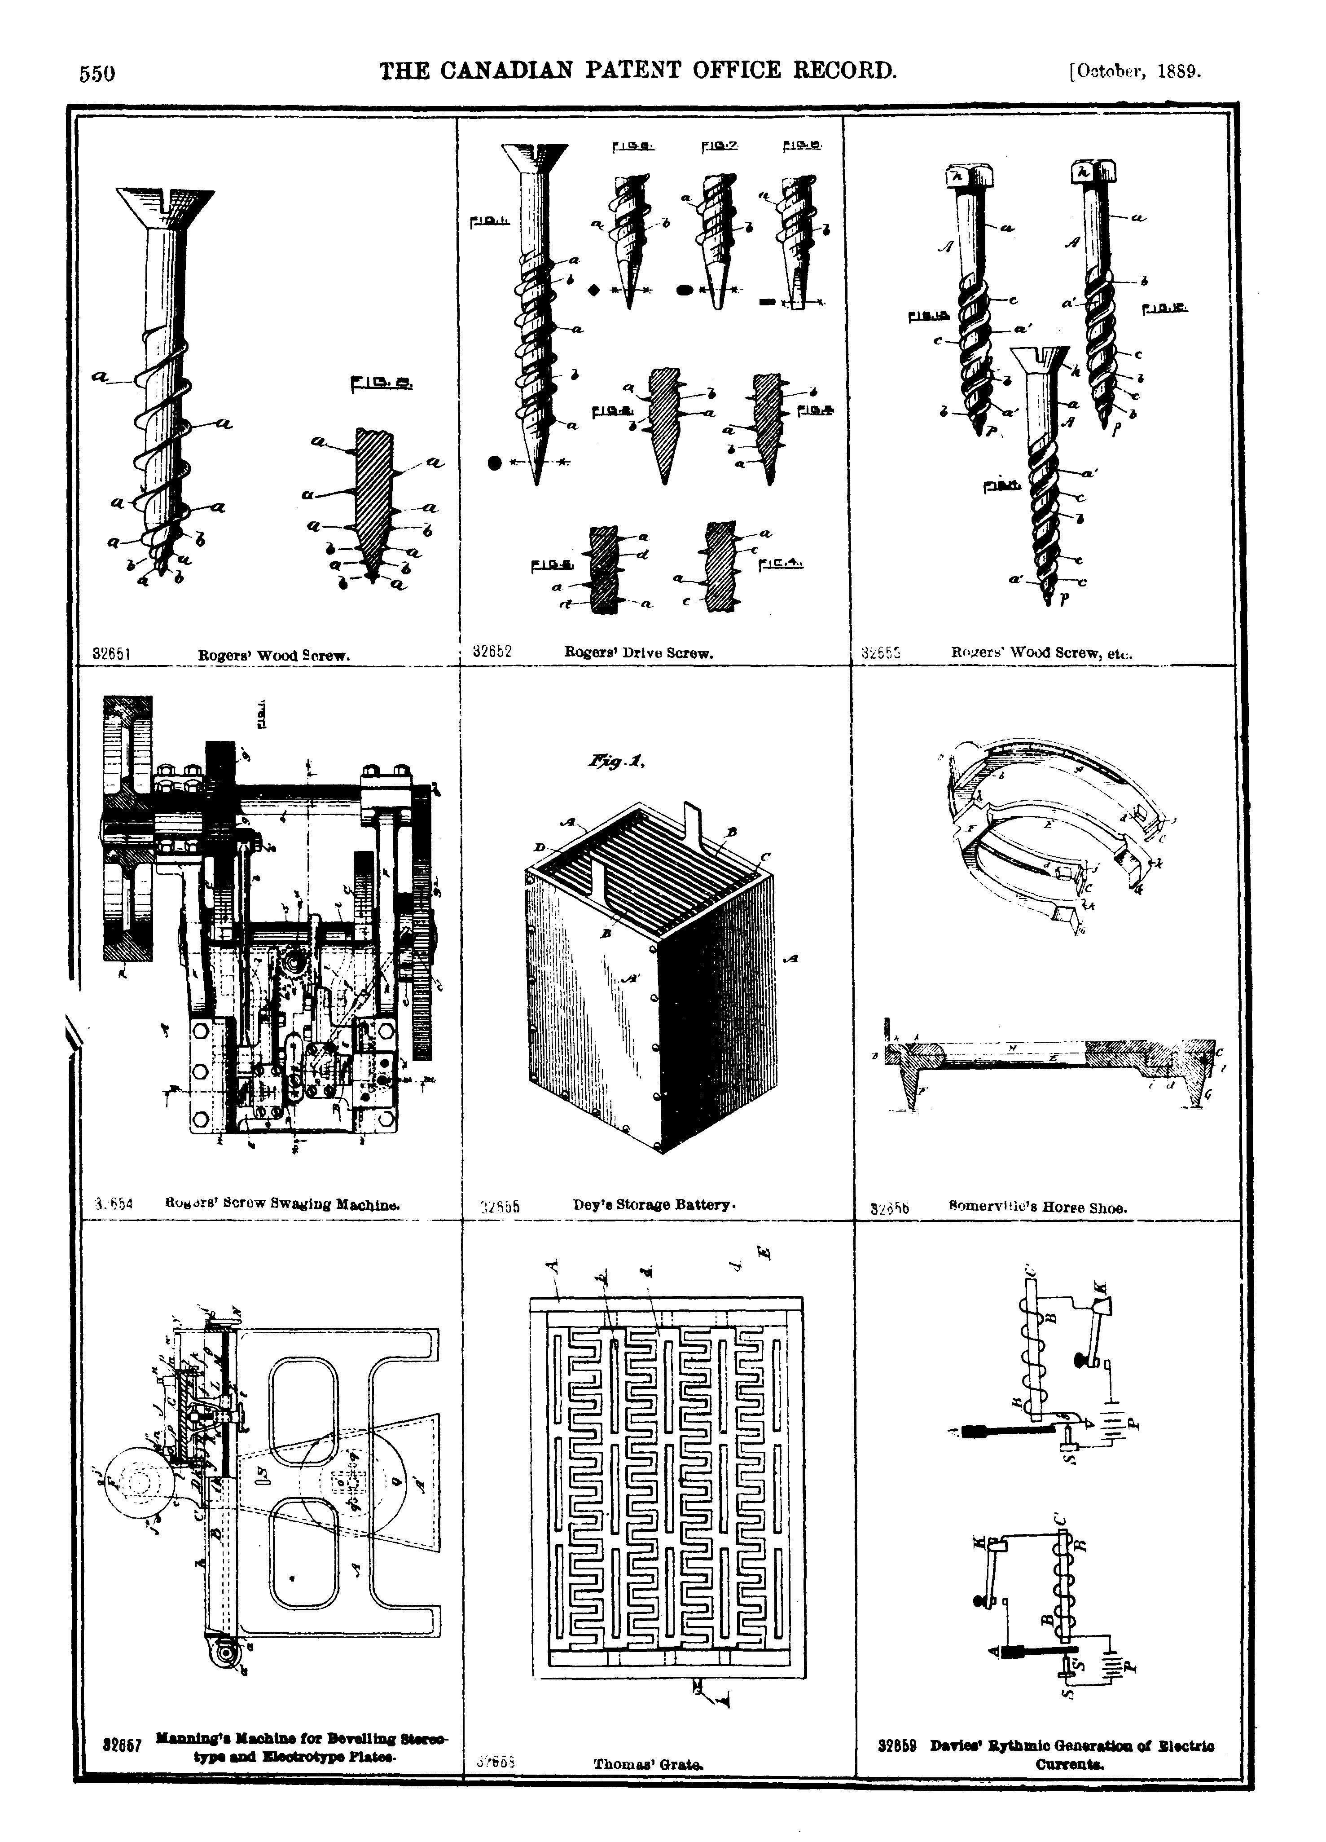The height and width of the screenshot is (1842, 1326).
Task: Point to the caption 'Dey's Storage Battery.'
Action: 654,1204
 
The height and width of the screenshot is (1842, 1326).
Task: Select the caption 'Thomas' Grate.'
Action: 648,1763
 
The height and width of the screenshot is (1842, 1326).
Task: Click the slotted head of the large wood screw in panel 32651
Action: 165,207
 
